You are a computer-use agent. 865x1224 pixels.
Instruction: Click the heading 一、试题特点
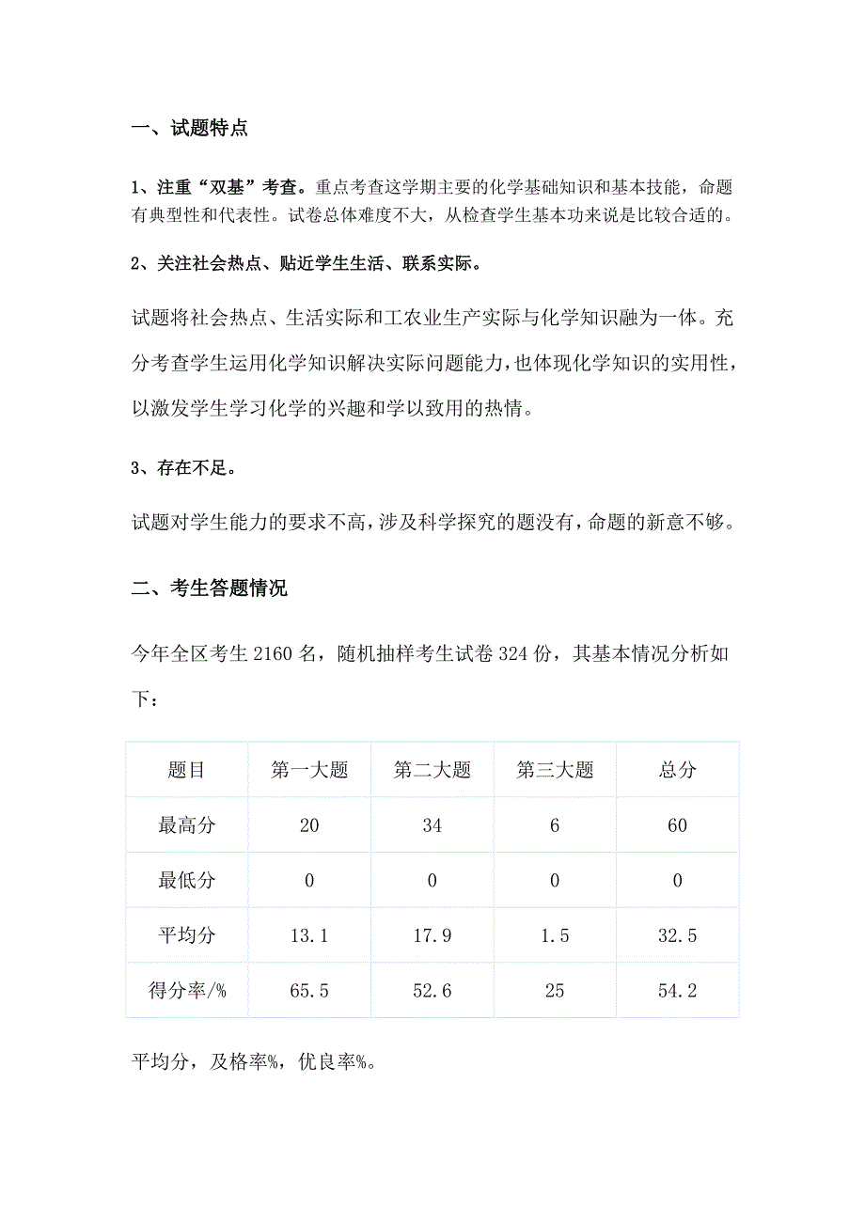(x=189, y=129)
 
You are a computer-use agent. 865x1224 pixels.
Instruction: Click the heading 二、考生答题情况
(x=209, y=589)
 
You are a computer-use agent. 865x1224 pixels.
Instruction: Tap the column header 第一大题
(x=309, y=771)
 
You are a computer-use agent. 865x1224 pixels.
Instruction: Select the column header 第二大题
(x=432, y=771)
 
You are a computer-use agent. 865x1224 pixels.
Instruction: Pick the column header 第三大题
(x=555, y=771)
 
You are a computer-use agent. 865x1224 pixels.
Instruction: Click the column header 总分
(x=677, y=771)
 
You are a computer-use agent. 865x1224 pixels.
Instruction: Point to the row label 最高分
(x=187, y=826)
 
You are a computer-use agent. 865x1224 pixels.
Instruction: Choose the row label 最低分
(x=187, y=881)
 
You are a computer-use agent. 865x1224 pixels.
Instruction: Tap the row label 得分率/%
(x=187, y=991)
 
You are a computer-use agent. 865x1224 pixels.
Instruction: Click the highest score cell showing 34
(x=432, y=826)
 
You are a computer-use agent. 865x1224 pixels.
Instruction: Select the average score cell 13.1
(x=309, y=936)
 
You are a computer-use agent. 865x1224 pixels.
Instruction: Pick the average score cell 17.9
(x=432, y=936)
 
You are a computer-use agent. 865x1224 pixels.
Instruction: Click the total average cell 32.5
(x=677, y=936)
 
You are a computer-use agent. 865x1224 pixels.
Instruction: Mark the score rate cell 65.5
(x=309, y=991)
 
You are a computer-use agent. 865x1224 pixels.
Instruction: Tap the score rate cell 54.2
(x=677, y=991)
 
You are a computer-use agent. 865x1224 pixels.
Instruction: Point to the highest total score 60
(x=677, y=826)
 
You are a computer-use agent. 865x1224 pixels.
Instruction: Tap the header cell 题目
(x=187, y=771)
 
